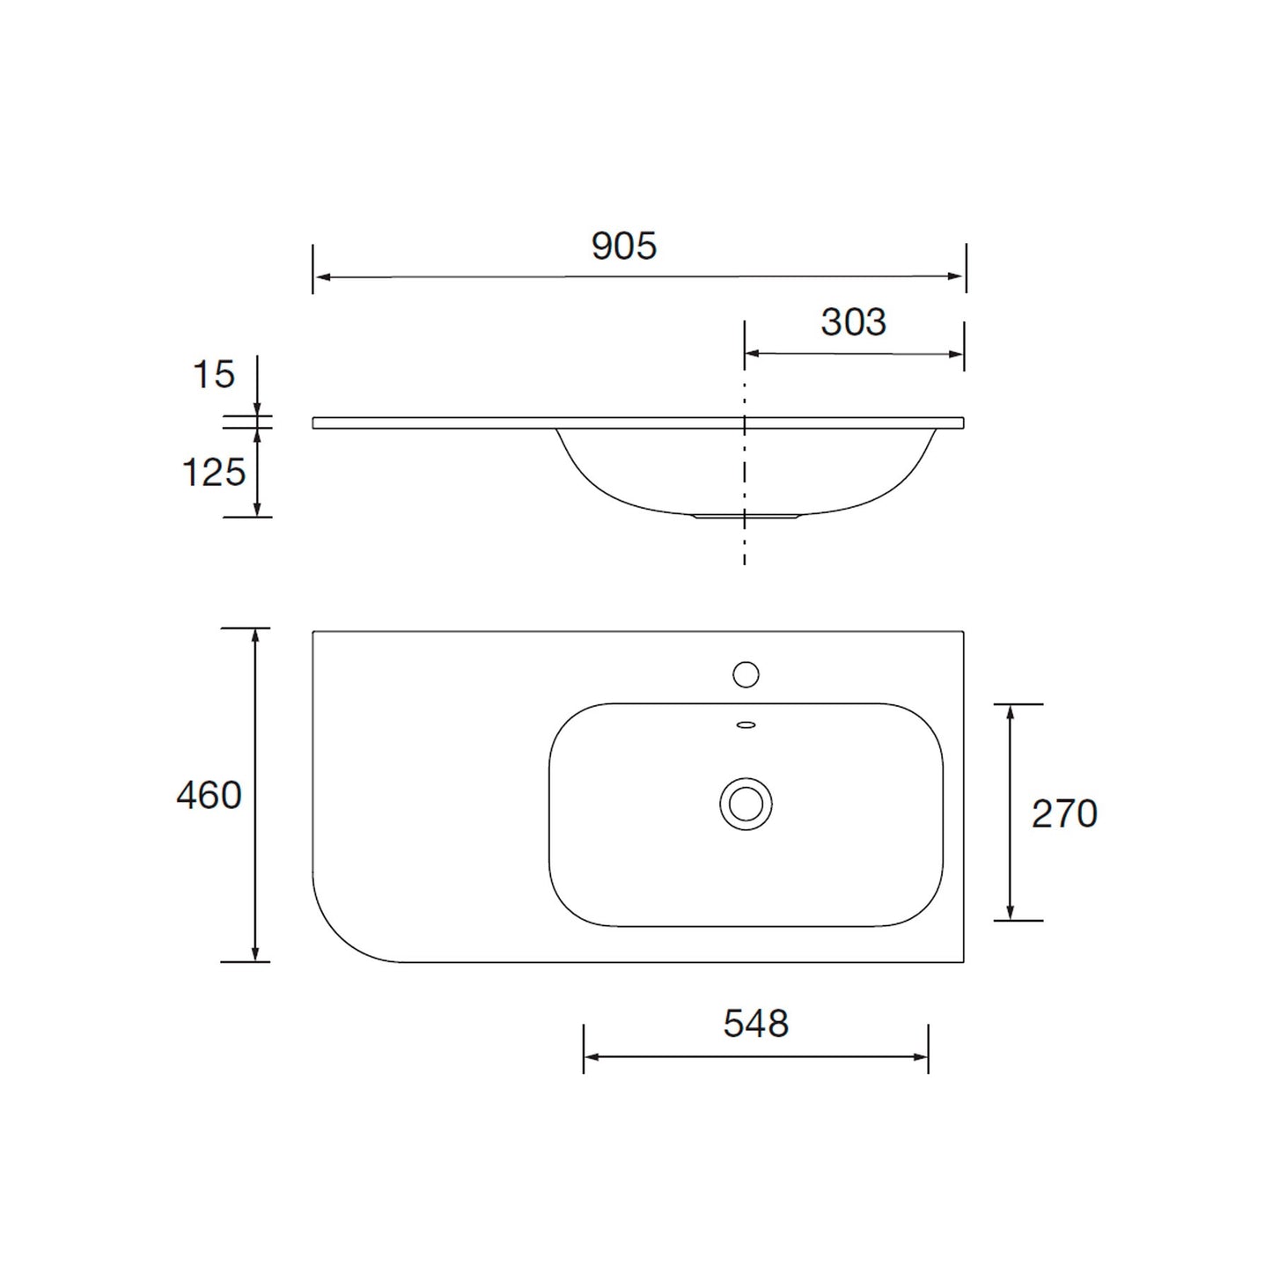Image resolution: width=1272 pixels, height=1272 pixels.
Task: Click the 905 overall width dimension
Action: (624, 246)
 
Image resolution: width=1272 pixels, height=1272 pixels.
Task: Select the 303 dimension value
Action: (853, 322)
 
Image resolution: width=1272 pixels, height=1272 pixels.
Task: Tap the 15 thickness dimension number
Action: (214, 375)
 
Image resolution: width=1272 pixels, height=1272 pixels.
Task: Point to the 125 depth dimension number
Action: (213, 473)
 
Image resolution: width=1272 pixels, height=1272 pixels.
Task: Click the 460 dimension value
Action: (209, 796)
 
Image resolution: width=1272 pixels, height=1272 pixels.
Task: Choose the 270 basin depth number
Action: (1064, 814)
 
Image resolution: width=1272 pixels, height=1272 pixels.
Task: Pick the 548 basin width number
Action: (755, 1024)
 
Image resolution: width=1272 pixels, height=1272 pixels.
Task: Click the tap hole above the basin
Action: (746, 674)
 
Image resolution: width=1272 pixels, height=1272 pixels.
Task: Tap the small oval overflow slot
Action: (746, 725)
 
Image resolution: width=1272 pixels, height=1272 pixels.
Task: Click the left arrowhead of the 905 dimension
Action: (322, 277)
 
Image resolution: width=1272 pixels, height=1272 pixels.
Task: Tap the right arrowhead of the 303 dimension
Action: (956, 354)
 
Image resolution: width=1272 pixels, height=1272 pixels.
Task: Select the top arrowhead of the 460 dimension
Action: (255, 636)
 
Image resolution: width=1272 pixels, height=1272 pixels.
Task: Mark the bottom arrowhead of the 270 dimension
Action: (1011, 913)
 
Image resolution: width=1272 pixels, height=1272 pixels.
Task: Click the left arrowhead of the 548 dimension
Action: (592, 1056)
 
